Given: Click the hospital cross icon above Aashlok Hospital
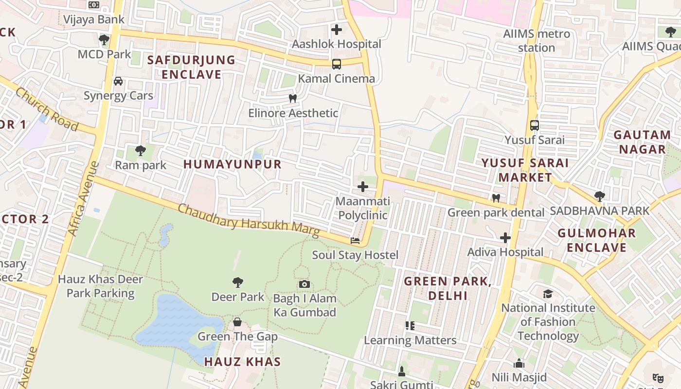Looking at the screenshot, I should pos(336,30).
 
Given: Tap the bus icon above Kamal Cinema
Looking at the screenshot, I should pos(336,64).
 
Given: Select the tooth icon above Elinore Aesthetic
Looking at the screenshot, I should pos(292,99).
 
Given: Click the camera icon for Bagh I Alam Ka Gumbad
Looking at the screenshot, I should pos(305,284).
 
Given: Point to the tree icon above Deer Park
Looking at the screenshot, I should pos(238,282).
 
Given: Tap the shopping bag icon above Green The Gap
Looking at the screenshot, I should pos(237,322).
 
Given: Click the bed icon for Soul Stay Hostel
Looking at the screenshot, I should pos(355,241).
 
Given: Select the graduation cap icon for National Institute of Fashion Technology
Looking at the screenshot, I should pos(548,294).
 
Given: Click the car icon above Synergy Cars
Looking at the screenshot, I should pos(118,81).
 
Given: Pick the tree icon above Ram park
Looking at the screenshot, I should pos(141,151).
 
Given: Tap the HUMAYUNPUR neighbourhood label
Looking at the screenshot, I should pos(233,164).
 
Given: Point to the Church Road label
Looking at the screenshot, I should pos(47,109).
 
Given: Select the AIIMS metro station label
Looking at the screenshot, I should pos(537,41).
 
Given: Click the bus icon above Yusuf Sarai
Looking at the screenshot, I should pos(535,125).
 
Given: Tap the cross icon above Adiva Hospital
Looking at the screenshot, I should pos(505,238).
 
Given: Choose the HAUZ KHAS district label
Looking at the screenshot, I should pos(242,362).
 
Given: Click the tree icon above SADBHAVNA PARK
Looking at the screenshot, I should pos(599,196).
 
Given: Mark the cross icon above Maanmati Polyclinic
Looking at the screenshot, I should pos(362,187).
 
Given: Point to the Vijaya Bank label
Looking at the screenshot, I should pos(94,20).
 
